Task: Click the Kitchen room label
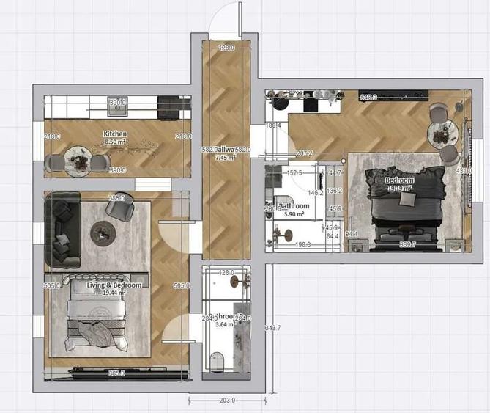click(115, 134)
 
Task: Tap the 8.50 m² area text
click(115, 142)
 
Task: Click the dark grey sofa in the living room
click(63, 231)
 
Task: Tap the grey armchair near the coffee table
click(118, 208)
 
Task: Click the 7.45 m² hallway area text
click(224, 157)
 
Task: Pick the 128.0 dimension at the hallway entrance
click(227, 48)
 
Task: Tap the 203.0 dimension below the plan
click(227, 401)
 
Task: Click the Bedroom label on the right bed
click(400, 180)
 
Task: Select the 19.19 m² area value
click(400, 188)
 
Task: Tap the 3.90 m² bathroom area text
click(295, 213)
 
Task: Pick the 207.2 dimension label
click(304, 153)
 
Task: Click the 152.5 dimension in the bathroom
click(294, 173)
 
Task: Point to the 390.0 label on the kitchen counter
click(117, 103)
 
